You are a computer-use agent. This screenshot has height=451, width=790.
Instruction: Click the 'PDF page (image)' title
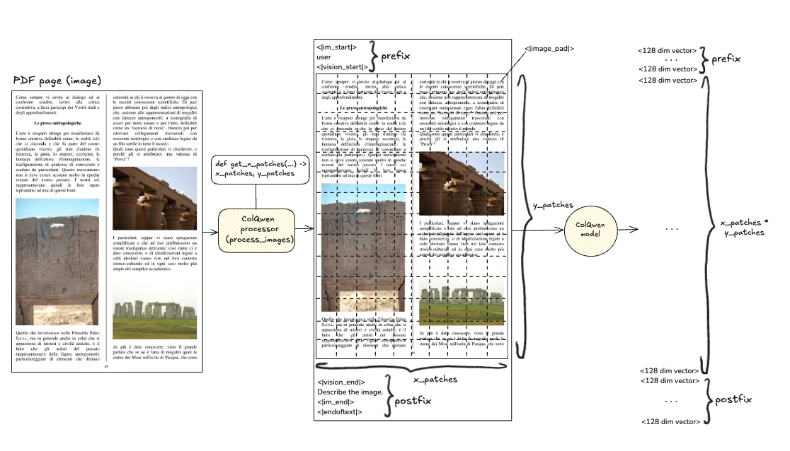click(x=57, y=80)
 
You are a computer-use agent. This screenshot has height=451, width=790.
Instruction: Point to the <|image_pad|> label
click(x=549, y=49)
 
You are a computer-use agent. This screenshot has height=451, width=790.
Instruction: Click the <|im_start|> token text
click(x=337, y=47)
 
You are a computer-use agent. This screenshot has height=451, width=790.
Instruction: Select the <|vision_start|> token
click(x=343, y=67)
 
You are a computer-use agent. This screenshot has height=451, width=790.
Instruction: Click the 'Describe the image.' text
click(x=350, y=392)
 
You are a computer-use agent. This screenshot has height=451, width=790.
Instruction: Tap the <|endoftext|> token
click(x=340, y=411)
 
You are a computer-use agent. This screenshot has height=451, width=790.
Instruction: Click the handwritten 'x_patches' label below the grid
click(x=435, y=380)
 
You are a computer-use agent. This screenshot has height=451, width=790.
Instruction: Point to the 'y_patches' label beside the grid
click(x=552, y=205)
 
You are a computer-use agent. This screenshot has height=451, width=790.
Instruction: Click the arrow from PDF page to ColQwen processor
click(x=212, y=230)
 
